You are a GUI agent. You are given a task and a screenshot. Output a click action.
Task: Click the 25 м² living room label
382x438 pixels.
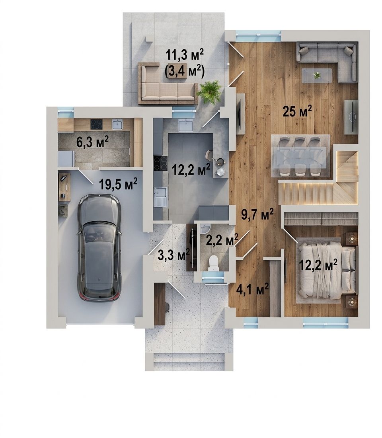tap(297, 111)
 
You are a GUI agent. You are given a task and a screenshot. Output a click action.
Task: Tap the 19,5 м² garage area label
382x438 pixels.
tap(118, 184)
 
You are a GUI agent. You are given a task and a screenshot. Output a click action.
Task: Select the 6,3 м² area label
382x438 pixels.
tap(92, 142)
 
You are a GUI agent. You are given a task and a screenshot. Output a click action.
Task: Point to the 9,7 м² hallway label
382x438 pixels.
tap(257, 215)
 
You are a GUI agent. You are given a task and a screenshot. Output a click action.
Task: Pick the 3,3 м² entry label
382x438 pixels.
tap(174, 255)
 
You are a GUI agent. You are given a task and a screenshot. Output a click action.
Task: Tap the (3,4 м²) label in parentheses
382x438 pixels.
tap(184, 71)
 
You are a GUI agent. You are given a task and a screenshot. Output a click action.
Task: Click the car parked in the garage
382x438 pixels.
tap(99, 247)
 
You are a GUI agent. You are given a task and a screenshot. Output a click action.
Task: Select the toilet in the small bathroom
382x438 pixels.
tap(214, 263)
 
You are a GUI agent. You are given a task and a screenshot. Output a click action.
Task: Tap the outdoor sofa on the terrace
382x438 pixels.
tap(168, 84)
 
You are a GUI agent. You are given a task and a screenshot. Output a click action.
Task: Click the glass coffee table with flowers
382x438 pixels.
tap(317, 76)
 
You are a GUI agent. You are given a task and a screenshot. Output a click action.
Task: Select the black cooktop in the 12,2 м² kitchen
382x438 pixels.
tap(161, 164)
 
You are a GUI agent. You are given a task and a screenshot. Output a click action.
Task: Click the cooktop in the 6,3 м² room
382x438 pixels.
tap(96, 124)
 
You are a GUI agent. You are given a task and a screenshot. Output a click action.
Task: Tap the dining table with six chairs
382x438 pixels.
tap(301, 156)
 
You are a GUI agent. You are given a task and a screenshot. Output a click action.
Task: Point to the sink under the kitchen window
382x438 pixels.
tap(185, 125)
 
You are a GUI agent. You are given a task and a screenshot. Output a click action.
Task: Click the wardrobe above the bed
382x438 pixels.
tap(321, 219)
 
